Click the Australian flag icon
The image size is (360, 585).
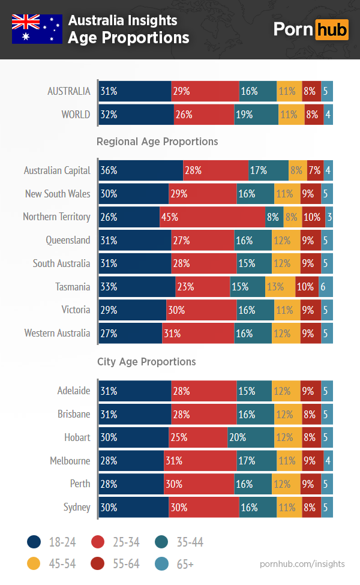tap(37, 29)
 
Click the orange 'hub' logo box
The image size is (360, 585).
tap(332, 29)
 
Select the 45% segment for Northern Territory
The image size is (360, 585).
tap(212, 217)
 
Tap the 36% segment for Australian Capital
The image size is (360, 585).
tap(140, 170)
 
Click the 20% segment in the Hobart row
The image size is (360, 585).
tap(251, 437)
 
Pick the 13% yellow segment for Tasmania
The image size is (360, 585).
tap(280, 287)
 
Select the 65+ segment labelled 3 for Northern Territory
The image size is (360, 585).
tap(329, 217)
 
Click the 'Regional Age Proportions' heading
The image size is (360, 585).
tap(157, 142)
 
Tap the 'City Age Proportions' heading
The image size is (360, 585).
tap(146, 362)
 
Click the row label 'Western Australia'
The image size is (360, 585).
tap(57, 333)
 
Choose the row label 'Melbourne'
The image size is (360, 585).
tap(70, 461)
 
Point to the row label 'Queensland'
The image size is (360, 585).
tap(68, 240)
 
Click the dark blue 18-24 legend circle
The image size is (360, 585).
tap(35, 542)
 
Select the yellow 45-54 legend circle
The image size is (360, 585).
tap(35, 564)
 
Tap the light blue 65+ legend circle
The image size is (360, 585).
tap(163, 564)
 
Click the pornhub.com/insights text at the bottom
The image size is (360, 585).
tap(302, 564)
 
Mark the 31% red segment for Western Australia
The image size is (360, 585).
tap(198, 333)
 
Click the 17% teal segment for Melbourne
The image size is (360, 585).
tap(257, 461)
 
